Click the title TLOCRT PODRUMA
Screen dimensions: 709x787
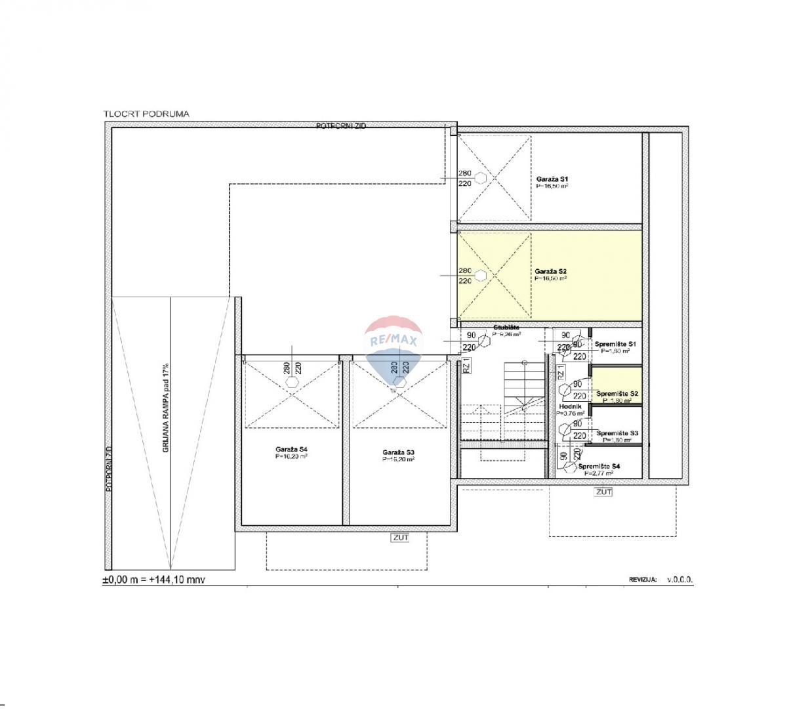pyautogui.click(x=146, y=114)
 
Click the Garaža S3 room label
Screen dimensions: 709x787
pyautogui.click(x=398, y=452)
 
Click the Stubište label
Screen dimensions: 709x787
pyautogui.click(x=506, y=327)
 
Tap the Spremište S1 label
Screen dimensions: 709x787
pyautogui.click(x=615, y=344)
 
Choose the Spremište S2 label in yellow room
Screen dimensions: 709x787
pyautogui.click(x=617, y=394)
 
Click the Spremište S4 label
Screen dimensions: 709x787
pyautogui.click(x=599, y=466)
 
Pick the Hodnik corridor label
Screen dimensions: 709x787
pyautogui.click(x=566, y=407)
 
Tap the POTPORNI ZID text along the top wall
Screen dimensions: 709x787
pyautogui.click(x=341, y=125)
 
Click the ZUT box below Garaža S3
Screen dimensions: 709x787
pyautogui.click(x=400, y=538)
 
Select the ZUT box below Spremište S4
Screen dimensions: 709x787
pyautogui.click(x=603, y=491)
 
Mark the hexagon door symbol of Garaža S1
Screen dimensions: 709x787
pyautogui.click(x=481, y=178)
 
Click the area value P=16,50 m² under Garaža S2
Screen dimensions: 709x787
pyautogui.click(x=551, y=278)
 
